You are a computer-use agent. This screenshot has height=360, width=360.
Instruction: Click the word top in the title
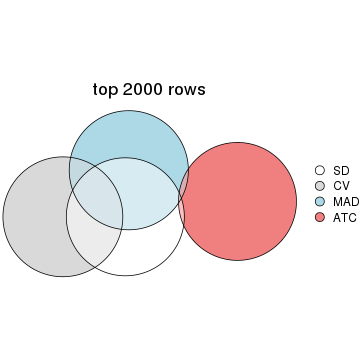tap(106, 90)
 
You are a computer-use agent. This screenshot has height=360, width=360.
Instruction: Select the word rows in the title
tap(188, 90)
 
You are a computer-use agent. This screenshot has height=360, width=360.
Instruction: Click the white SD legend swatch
tap(320, 170)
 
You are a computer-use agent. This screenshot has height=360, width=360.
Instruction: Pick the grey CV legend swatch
tap(320, 186)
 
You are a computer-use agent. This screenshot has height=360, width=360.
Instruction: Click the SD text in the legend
tap(341, 170)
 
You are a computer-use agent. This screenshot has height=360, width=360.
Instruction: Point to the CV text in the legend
tap(341, 186)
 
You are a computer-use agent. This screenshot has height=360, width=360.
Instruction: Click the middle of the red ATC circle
tap(240, 201)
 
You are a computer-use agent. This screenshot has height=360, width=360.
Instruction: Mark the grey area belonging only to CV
tap(35, 216)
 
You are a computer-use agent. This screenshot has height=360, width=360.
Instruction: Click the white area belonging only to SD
tap(140, 250)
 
